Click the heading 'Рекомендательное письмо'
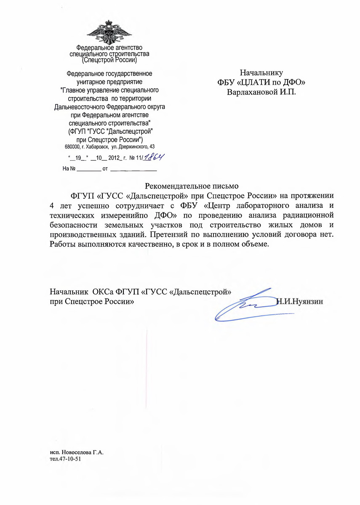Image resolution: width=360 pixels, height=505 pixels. (192, 186)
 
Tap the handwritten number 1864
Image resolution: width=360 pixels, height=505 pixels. (153, 157)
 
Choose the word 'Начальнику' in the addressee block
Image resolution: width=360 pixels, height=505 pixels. (261, 72)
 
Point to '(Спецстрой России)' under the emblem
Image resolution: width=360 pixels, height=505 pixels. (110, 60)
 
